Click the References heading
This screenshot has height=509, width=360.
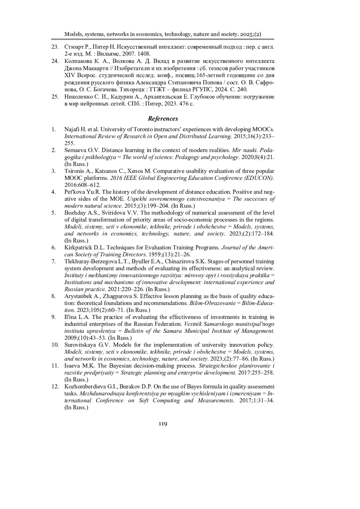click(x=163, y=119)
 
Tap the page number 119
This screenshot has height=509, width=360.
click(x=163, y=424)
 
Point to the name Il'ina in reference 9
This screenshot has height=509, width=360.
click(x=70, y=317)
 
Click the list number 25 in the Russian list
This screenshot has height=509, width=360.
click(x=55, y=97)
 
